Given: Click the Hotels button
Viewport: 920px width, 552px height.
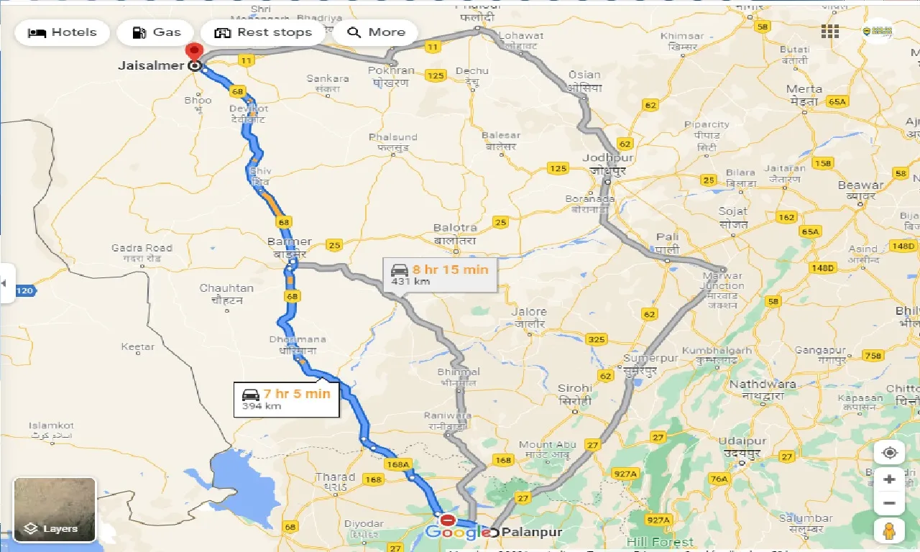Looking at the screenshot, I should click(x=62, y=32).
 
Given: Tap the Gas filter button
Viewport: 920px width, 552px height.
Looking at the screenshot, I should click(x=155, y=32).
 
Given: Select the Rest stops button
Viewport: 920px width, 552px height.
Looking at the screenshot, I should click(x=263, y=32).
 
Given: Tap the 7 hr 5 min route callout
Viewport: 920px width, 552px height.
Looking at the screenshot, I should click(x=286, y=399).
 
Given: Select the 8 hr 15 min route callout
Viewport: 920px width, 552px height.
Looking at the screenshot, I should click(x=439, y=275).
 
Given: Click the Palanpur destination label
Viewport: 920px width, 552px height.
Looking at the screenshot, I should click(x=533, y=533).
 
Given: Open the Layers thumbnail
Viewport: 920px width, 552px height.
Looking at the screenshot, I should click(x=55, y=509).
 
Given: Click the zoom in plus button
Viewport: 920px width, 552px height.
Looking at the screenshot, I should click(x=890, y=479).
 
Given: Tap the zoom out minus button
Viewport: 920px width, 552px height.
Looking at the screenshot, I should click(x=890, y=503).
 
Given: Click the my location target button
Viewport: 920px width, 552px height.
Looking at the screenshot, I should click(x=890, y=453).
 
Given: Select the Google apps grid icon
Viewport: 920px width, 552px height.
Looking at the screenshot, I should click(x=830, y=32).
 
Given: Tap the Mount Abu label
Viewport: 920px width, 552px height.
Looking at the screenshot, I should click(x=546, y=445).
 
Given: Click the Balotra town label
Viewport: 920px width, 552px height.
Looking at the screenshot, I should click(x=455, y=229).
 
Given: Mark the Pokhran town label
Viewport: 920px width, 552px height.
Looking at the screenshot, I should click(x=391, y=71).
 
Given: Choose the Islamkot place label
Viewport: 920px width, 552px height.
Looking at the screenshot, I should click(x=52, y=425).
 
